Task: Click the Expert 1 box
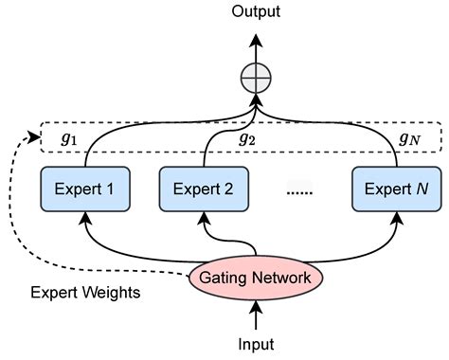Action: pyautogui.click(x=85, y=189)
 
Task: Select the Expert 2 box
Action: pyautogui.click(x=204, y=189)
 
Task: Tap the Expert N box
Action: pyautogui.click(x=395, y=189)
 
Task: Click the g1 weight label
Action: pyautogui.click(x=69, y=139)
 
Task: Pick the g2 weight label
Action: pyautogui.click(x=246, y=139)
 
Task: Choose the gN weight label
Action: pyautogui.click(x=409, y=139)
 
